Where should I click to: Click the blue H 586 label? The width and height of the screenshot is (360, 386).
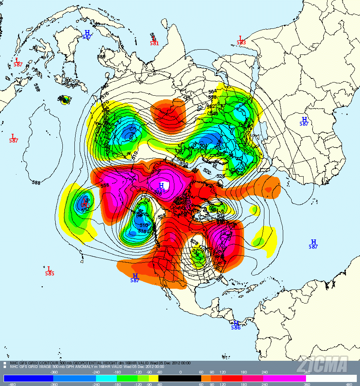click(236, 325)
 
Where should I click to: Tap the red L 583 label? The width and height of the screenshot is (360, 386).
click(241, 40)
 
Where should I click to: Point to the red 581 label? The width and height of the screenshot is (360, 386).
click(154, 43)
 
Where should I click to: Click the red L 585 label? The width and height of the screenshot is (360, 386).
click(49, 271)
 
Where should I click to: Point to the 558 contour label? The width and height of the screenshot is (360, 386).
click(105, 186)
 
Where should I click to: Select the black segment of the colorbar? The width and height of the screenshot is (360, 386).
click(180, 378)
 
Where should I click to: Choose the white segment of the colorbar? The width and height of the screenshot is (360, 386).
click(331, 378)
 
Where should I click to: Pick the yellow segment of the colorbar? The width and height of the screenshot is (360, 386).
click(153, 378)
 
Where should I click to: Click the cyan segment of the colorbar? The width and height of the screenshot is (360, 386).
click(106, 378)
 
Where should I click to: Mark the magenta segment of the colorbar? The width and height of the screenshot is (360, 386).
click(284, 378)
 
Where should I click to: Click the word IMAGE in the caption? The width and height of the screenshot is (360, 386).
click(49, 366)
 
